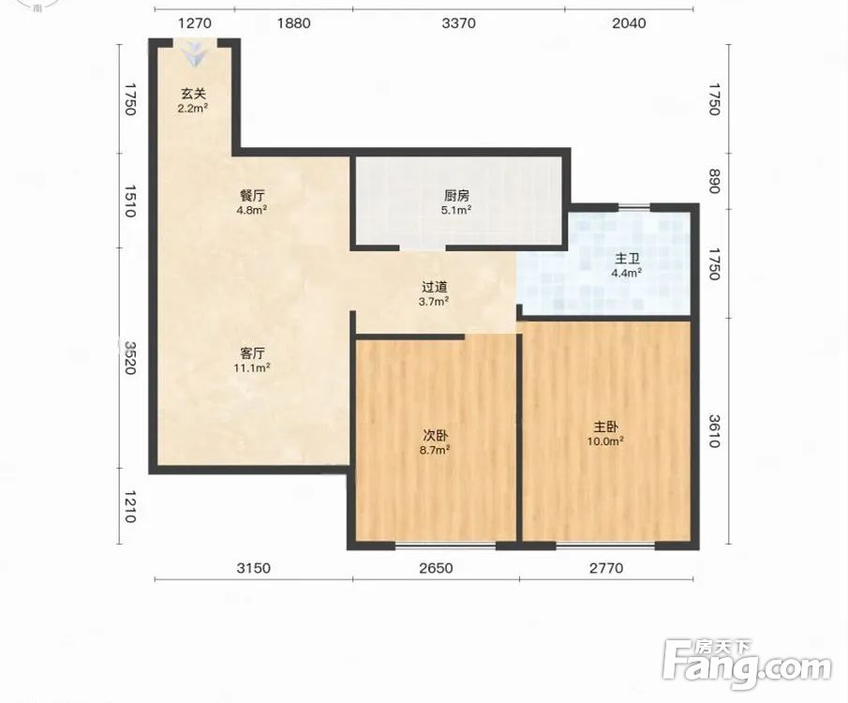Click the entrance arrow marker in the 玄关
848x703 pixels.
[x=194, y=55]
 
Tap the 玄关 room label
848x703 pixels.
[x=194, y=94]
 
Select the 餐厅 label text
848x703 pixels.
[x=252, y=195]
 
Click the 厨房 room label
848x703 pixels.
[x=456, y=195]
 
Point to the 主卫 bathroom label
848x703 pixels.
[x=627, y=259]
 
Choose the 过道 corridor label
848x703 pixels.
[x=434, y=288]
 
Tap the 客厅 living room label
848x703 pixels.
[x=252, y=353]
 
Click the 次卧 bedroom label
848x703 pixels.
[x=435, y=435]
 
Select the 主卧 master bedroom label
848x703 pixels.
[x=605, y=427]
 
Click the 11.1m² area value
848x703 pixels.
[x=252, y=368]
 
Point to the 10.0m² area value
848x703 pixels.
[x=605, y=441]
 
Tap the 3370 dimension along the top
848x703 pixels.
[x=458, y=23]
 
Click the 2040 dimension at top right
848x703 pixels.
[x=629, y=23]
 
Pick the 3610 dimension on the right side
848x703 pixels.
[x=714, y=431]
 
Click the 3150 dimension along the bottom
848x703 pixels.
[x=254, y=568]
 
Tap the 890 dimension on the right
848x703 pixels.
[x=714, y=181]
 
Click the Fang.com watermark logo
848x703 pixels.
[x=747, y=664]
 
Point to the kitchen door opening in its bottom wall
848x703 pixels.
[x=423, y=247]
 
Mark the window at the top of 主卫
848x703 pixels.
[x=633, y=207]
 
